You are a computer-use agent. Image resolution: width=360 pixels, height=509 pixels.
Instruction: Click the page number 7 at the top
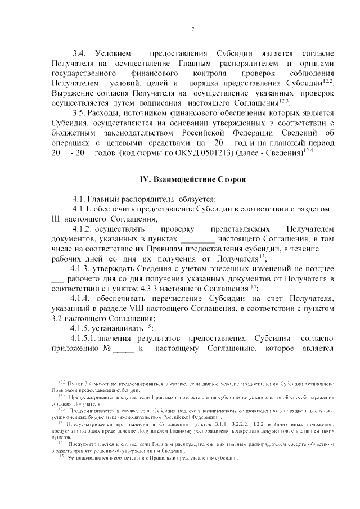tap(192, 30)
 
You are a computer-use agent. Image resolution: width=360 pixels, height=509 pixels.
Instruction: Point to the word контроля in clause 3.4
tap(209, 74)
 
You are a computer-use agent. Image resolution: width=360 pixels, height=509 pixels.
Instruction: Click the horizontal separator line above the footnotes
tap(85, 372)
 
